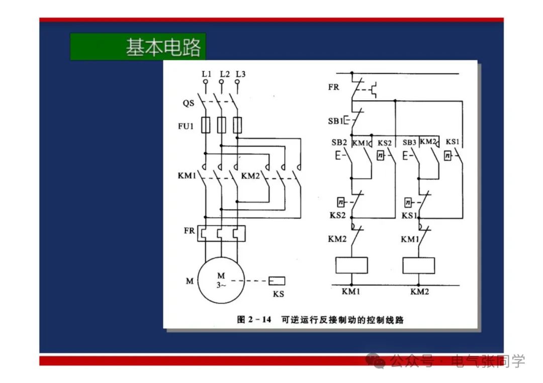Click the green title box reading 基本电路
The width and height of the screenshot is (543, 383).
pyautogui.click(x=138, y=47)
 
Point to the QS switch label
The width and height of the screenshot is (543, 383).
pyautogui.click(x=189, y=103)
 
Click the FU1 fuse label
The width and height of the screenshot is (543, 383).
pyautogui.click(x=186, y=126)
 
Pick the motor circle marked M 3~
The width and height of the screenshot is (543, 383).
pyautogui.click(x=221, y=281)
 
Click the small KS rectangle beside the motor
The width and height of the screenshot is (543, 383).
pyautogui.click(x=277, y=281)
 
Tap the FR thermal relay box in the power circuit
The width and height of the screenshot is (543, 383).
pyautogui.click(x=221, y=233)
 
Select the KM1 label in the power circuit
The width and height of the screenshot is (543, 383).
pyautogui.click(x=187, y=176)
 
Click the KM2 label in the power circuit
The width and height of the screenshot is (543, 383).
pyautogui.click(x=250, y=176)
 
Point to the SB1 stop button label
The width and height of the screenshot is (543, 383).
pyautogui.click(x=335, y=121)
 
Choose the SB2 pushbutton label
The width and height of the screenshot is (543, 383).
pyautogui.click(x=339, y=143)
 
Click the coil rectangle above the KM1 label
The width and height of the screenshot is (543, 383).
pyautogui.click(x=351, y=265)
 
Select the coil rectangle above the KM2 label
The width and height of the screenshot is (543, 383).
pyautogui.click(x=419, y=265)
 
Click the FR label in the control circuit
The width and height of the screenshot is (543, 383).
pyautogui.click(x=333, y=87)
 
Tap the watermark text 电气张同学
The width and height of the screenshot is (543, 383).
pyautogui.click(x=488, y=360)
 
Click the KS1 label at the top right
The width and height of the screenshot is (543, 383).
pyautogui.click(x=452, y=143)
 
